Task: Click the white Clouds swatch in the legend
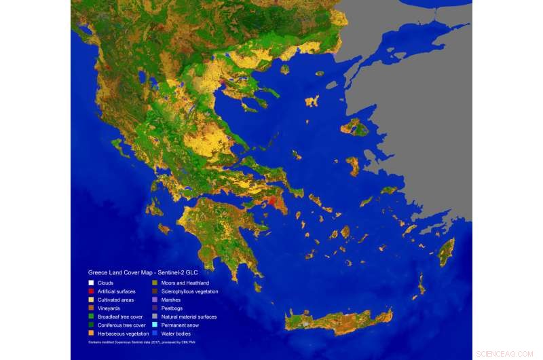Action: point(92,283)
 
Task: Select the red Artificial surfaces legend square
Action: point(92,291)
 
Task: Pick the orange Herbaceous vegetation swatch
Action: point(92,334)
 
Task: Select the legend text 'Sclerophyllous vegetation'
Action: point(190,291)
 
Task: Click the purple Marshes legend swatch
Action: point(155,300)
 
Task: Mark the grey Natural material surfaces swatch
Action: point(155,317)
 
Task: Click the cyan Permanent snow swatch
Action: point(155,325)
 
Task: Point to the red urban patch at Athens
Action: point(273,201)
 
